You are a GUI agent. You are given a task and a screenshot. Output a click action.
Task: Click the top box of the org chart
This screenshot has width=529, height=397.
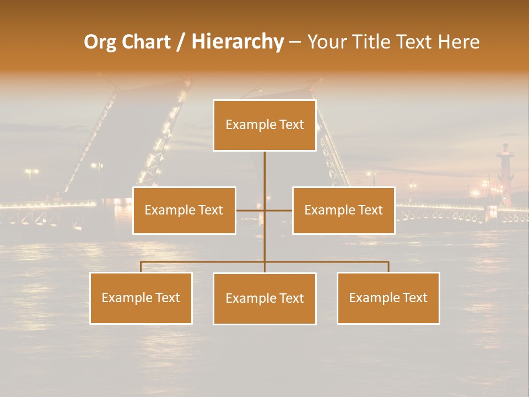[264, 125]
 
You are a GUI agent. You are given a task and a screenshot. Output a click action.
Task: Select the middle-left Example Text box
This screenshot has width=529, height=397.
[184, 210]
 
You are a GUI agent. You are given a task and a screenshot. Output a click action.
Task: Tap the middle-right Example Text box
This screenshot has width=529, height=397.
[343, 210]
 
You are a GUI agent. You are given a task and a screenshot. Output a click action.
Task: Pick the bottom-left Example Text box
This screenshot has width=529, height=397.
[141, 298]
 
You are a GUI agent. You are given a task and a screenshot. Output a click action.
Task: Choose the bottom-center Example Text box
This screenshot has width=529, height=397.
[264, 298]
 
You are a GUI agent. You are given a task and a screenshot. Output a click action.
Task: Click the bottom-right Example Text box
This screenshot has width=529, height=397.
[388, 298]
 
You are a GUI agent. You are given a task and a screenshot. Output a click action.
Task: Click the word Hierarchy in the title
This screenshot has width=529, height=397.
[237, 42]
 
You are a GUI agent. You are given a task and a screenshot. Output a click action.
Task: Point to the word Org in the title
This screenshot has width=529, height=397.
[100, 42]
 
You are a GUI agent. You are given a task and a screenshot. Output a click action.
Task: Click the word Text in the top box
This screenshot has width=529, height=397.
[292, 125]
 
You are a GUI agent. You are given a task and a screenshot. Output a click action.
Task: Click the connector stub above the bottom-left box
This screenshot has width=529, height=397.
[141, 267]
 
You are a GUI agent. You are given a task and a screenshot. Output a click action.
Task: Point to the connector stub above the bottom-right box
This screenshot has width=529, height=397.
[388, 267]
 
